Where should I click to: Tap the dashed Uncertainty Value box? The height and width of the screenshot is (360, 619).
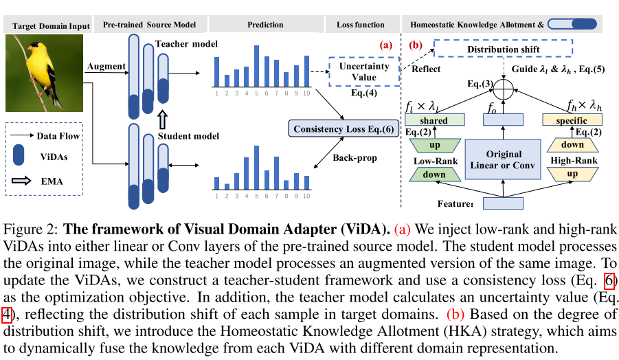click(363, 71)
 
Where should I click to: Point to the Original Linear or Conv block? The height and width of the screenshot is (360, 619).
click(504, 159)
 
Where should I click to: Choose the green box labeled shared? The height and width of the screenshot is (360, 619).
click(434, 121)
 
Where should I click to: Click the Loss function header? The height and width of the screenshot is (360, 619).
click(361, 25)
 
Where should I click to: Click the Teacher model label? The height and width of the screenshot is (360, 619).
click(186, 44)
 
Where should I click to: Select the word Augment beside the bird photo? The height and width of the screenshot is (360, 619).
click(106, 67)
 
